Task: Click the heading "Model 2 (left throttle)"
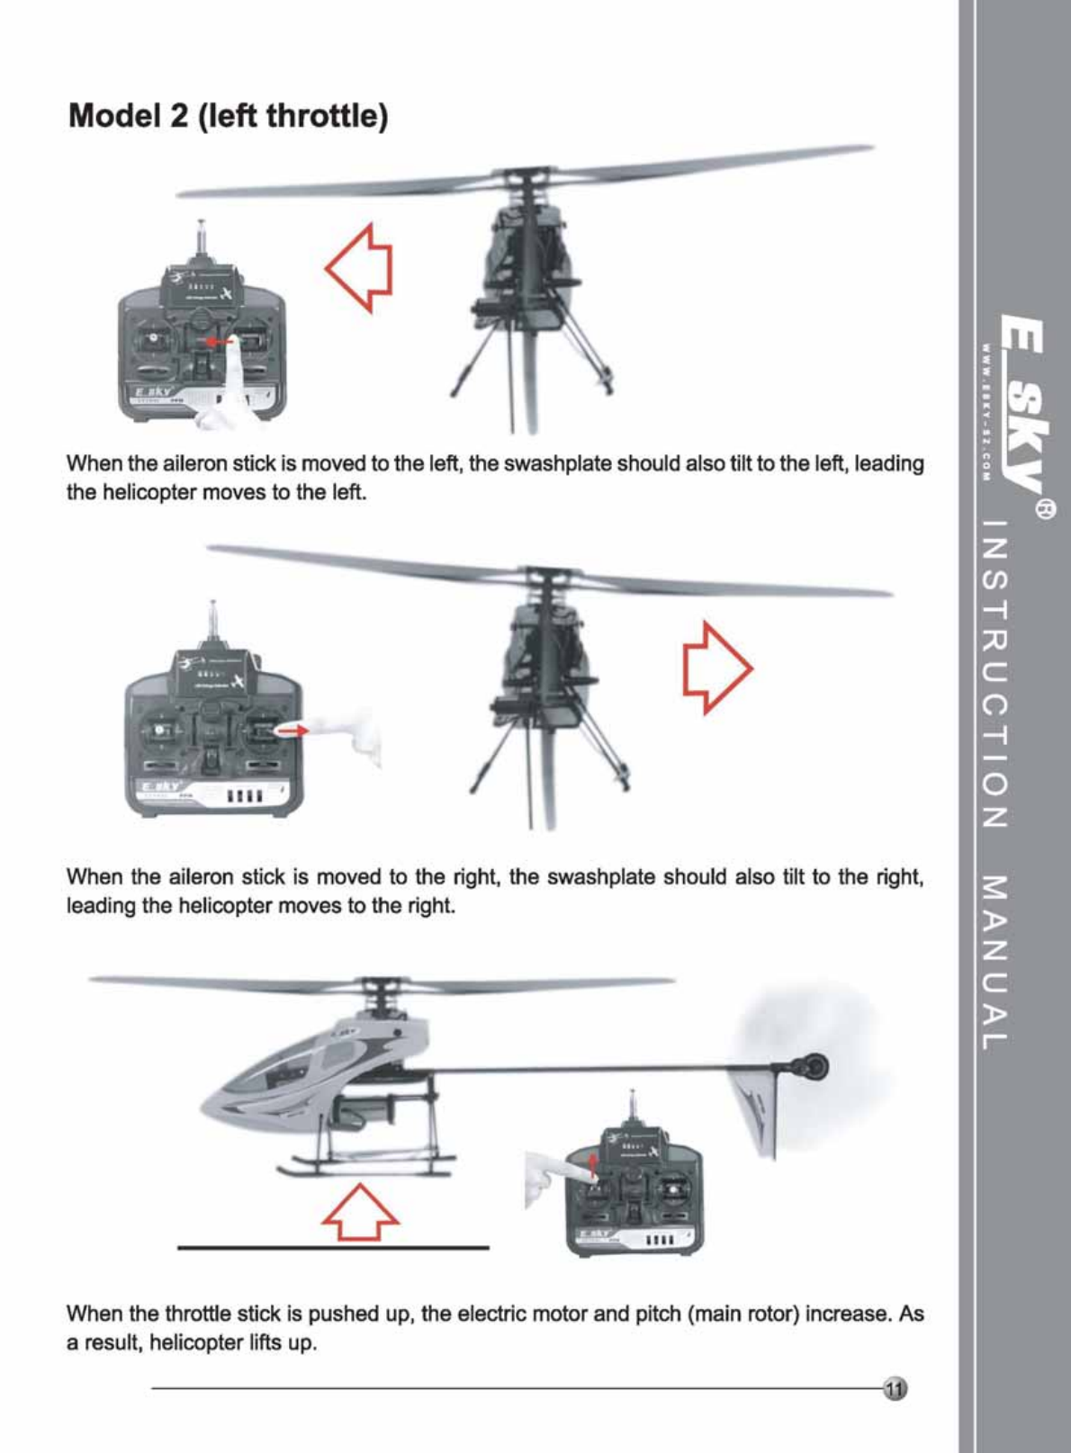tap(229, 117)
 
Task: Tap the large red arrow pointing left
tap(359, 268)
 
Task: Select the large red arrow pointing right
tap(717, 668)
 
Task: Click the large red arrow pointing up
tap(360, 1212)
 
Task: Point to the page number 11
tap(895, 1389)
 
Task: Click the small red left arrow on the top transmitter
tap(219, 341)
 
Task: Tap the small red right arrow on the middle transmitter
tap(292, 731)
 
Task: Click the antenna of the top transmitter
tap(202, 240)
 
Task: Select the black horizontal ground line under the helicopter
tap(333, 1247)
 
